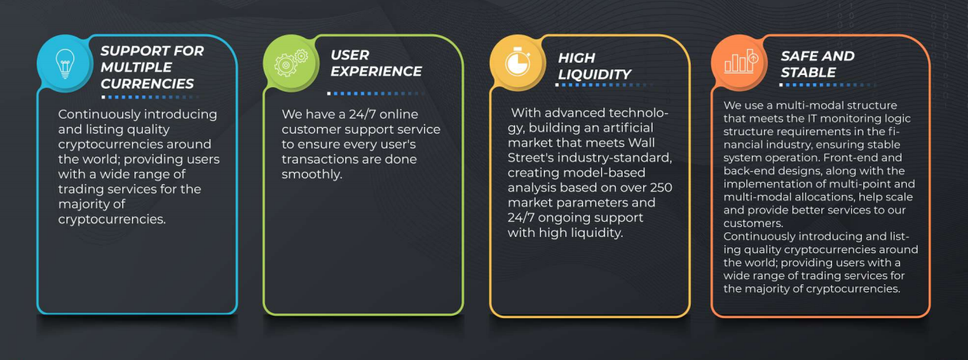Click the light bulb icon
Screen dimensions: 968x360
tap(65, 64)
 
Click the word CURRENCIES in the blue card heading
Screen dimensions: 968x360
tap(147, 83)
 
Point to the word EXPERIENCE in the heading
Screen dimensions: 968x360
tap(376, 71)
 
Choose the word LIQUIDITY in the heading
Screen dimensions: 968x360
tap(594, 74)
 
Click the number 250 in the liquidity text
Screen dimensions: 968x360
tap(660, 187)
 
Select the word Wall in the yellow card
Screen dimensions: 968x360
tap(641, 143)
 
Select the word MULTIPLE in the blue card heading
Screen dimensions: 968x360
tap(136, 67)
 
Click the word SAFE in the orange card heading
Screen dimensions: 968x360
tap(798, 57)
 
